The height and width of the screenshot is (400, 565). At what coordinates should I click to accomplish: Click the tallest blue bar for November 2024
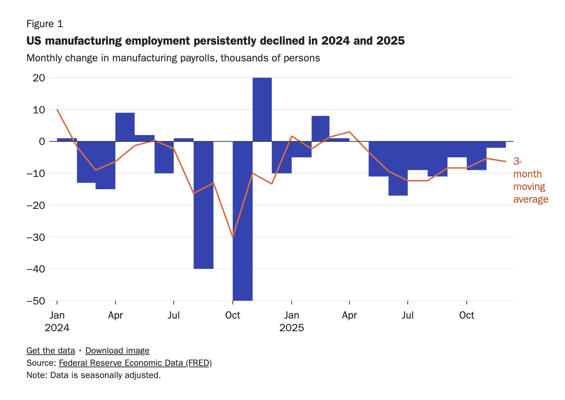coord(262,109)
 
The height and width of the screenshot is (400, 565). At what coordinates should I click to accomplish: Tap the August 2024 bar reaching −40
coord(203,205)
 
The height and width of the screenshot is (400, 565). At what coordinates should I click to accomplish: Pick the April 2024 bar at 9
coord(125,127)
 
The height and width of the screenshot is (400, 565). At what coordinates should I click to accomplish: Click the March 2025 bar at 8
coord(320,129)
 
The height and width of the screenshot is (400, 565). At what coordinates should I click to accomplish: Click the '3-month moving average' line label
coord(530,180)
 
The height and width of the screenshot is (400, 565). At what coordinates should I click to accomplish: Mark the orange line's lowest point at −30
coord(233,237)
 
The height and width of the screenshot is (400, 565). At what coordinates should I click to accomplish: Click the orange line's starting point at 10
coord(57,109)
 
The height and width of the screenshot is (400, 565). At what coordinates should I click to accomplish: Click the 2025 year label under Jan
coord(291,328)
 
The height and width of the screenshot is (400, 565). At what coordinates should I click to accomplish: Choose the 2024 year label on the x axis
coord(57,328)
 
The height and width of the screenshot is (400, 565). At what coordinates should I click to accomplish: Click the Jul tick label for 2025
coord(408,315)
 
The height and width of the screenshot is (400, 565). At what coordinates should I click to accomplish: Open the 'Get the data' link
coord(51,351)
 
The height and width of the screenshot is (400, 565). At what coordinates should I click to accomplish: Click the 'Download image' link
coord(117,351)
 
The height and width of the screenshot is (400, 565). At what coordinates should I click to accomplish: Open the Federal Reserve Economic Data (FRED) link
coord(135,363)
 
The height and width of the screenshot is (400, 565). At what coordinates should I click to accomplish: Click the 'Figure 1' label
coord(45,24)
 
